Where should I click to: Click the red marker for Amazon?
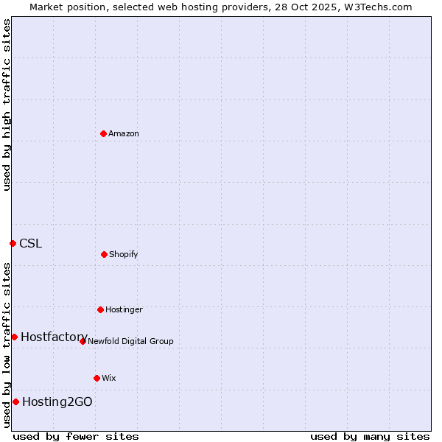[103, 133]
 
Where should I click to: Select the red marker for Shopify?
[104, 254]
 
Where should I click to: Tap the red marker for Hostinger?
[100, 309]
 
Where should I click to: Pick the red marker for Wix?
[97, 378]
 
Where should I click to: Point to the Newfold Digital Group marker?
[83, 341]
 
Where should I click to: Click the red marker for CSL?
[13, 243]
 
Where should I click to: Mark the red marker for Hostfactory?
[14, 337]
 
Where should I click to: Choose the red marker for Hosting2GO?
[15, 401]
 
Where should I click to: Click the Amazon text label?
[124, 134]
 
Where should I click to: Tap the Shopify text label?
[124, 255]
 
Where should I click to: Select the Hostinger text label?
[124, 310]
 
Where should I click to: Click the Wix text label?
[109, 379]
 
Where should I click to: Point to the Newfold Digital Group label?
[130, 342]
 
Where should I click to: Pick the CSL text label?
[31, 244]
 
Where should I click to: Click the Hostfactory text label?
[55, 337]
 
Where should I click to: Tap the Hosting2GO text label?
[57, 402]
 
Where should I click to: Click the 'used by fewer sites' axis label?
[76, 436]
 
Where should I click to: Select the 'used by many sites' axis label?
[370, 436]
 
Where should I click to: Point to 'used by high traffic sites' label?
[7, 105]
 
